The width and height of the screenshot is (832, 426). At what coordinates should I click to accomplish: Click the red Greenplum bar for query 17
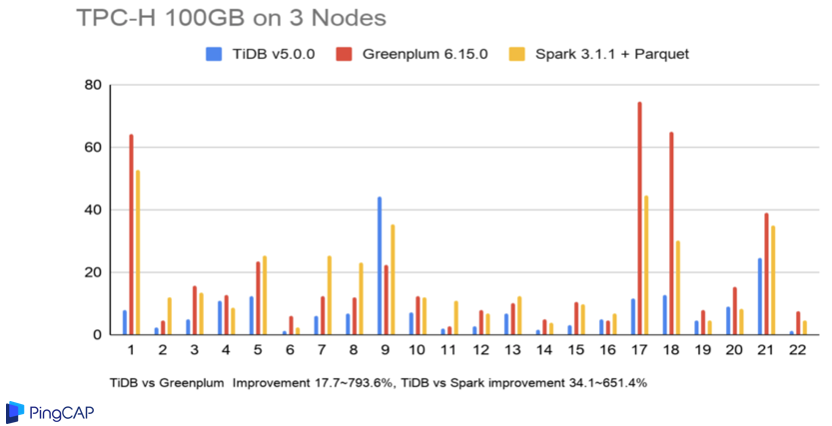pos(639,218)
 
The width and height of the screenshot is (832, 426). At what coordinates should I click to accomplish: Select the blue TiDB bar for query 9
pos(380,265)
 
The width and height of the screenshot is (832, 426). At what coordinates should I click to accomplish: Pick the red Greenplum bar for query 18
pos(671,233)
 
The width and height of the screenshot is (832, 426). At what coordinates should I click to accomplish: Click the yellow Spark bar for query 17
pos(646,265)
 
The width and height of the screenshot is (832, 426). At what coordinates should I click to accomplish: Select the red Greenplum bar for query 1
pos(131,234)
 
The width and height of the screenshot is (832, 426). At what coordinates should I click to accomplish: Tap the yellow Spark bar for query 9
pos(393,279)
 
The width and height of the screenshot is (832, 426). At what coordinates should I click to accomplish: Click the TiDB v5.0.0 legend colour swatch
pos(213,54)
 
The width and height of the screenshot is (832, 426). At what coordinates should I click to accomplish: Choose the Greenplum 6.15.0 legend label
pos(423,54)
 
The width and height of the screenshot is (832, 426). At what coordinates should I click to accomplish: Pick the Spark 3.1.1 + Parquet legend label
pos(610,54)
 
